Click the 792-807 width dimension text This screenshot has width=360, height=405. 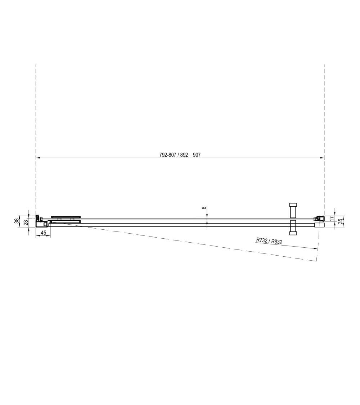tap(168, 155)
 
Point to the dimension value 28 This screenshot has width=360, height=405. tap(26, 222)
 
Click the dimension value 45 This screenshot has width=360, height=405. tap(44, 233)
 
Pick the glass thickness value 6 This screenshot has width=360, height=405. tap(204, 208)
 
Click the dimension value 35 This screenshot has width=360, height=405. tap(340, 221)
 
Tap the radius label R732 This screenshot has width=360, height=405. tap(262, 240)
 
